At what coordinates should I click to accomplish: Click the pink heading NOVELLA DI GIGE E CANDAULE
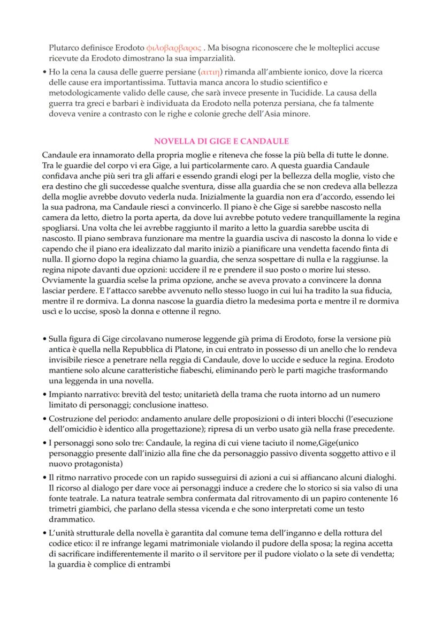(222, 141)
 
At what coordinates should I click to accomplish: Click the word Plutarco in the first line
(64, 48)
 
